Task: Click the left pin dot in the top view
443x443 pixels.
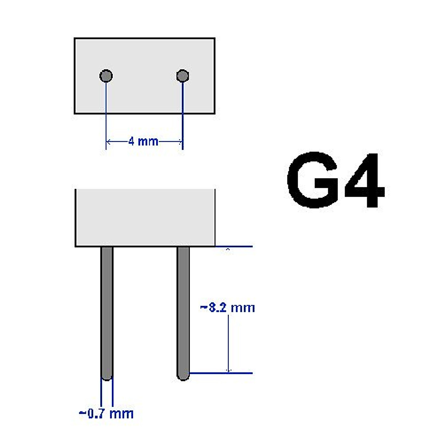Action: (x=106, y=76)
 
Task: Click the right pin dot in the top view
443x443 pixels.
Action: (x=182, y=76)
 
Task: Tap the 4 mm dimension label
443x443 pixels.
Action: (x=143, y=141)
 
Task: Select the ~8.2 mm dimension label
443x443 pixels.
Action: (x=227, y=307)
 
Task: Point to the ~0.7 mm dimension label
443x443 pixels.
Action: (x=106, y=413)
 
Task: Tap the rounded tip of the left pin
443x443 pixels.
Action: (x=107, y=376)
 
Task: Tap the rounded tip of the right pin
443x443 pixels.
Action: (x=183, y=376)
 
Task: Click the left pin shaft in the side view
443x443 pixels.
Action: (x=107, y=310)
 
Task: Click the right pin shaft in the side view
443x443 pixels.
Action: (x=183, y=310)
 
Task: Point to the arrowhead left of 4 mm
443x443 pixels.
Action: (x=109, y=141)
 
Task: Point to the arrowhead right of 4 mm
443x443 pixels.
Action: (x=180, y=141)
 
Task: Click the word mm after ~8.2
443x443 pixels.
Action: (x=242, y=308)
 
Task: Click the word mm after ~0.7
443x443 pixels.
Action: (x=121, y=413)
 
